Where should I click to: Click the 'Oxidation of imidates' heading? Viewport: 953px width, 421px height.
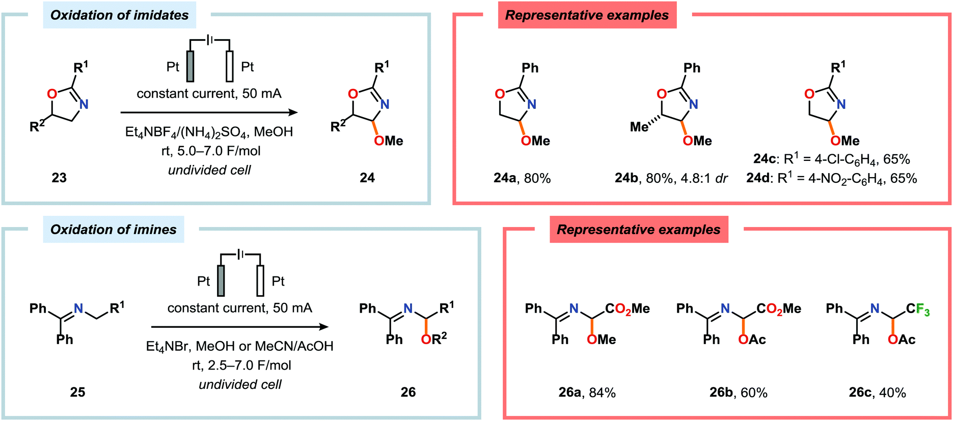[119, 15]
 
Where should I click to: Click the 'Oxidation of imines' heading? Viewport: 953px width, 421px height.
[113, 230]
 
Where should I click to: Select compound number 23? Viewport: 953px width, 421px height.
[59, 178]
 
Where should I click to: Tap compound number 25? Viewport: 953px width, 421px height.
[77, 392]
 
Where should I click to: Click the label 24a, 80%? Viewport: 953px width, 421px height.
[522, 178]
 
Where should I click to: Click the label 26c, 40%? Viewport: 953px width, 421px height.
[877, 392]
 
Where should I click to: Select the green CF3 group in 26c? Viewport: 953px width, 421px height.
[922, 310]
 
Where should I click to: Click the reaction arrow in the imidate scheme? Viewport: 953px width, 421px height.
[209, 113]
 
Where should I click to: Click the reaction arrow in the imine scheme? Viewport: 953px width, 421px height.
[239, 327]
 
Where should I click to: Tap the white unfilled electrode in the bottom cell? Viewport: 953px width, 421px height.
[260, 280]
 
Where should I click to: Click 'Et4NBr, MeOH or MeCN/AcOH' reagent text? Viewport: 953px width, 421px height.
[239, 346]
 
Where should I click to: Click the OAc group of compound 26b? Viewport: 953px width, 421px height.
[752, 340]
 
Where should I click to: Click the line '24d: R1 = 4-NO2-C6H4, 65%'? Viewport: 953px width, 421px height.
[831, 179]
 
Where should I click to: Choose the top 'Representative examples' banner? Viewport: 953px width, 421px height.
[587, 15]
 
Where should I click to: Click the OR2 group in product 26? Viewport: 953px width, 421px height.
[433, 339]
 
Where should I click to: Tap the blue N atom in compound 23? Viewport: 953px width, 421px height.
[84, 104]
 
